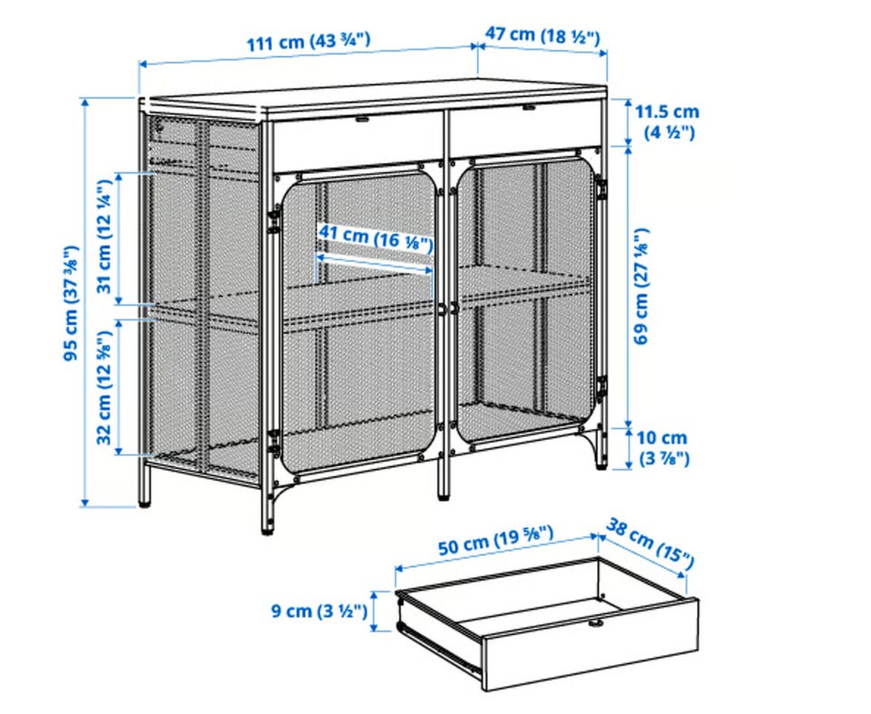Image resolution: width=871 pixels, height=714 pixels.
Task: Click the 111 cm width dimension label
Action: coord(308,41)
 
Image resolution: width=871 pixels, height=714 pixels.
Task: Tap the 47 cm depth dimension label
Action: coord(543,35)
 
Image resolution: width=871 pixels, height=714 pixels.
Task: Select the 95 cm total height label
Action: coord(72,303)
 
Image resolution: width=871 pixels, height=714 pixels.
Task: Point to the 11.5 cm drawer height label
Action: coord(667,122)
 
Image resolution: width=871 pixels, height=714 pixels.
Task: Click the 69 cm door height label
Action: coord(641,286)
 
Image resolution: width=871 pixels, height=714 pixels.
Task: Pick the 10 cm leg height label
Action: coord(661,448)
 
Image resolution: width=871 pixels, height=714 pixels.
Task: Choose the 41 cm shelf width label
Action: coord(375,239)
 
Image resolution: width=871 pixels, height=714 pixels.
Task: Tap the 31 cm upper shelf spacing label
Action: coord(105,238)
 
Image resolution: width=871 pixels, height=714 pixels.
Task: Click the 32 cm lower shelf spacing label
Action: coord(105,387)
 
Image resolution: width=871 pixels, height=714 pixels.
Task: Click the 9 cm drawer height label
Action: coord(319,611)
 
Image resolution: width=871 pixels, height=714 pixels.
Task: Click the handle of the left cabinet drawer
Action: coord(362,119)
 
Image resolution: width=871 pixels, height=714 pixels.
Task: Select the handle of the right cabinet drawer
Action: coord(528,107)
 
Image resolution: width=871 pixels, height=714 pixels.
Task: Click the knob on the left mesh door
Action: coord(442,309)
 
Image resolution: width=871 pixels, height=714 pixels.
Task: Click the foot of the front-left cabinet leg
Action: coord(268,528)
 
